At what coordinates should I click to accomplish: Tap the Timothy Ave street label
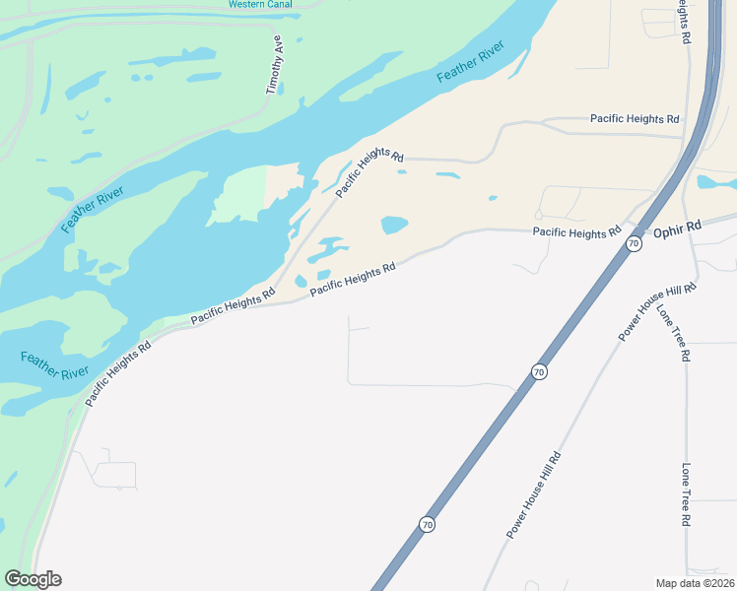275,66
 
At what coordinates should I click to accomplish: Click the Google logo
33,579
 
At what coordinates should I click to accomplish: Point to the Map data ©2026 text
696,583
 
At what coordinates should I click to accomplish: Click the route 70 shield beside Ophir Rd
635,242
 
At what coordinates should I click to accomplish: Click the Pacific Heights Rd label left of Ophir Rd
576,233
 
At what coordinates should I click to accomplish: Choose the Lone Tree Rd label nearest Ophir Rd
671,333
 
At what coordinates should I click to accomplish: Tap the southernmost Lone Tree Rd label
686,495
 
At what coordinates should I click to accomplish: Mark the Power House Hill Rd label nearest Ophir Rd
657,312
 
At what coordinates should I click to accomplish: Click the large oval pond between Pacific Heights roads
394,225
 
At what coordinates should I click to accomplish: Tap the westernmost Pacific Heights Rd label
117,374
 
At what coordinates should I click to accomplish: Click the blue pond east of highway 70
716,181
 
